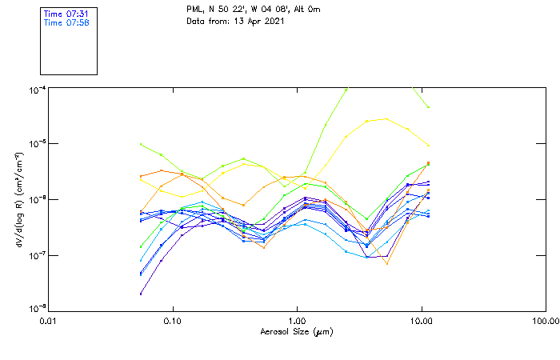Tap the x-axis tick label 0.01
[x=49, y=320]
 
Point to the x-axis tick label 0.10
[x=173, y=320]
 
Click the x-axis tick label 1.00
[x=298, y=320]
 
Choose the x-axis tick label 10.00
[x=421, y=320]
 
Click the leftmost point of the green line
[x=141, y=144]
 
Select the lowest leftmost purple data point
[x=141, y=294]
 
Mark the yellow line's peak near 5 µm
[x=387, y=118]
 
